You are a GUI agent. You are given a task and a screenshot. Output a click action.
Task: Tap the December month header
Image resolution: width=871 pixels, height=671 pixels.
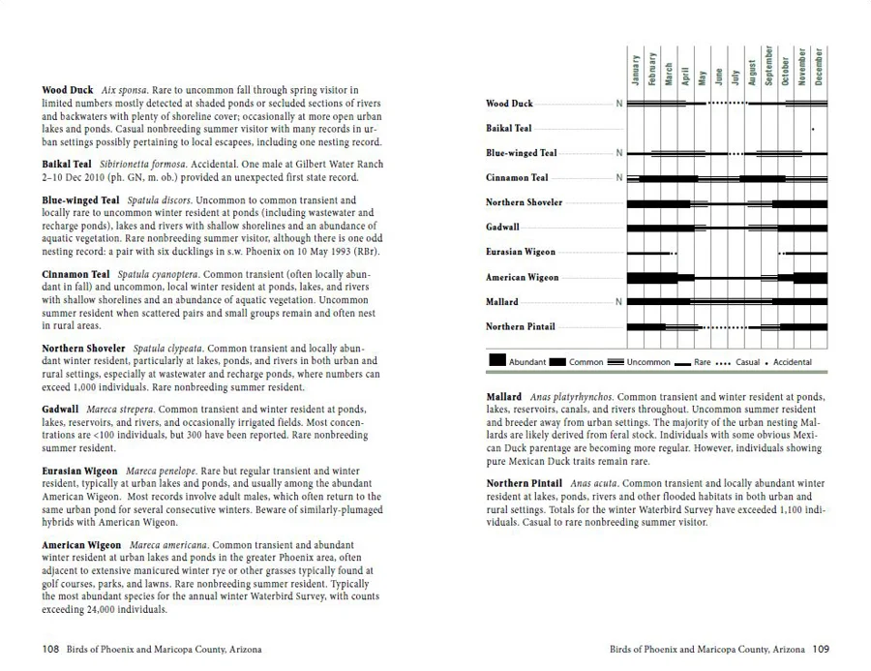820,66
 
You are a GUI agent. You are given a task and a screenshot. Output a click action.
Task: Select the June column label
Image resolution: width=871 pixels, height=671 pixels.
719,75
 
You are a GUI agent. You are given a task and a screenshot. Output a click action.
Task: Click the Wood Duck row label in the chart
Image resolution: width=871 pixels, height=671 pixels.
509,104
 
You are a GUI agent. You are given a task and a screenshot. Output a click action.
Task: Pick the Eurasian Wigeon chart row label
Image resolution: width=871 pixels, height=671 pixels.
521,253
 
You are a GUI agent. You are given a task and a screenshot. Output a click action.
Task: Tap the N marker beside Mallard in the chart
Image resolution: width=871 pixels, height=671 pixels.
619,302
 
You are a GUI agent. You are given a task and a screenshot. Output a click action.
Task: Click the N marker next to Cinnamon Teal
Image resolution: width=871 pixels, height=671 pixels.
619,178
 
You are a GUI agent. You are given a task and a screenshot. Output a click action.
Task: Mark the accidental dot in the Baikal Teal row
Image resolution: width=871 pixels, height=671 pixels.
813,129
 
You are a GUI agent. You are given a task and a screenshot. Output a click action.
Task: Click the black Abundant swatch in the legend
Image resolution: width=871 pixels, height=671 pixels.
497,361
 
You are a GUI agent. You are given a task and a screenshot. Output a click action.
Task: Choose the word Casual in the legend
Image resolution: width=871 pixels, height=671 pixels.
748,362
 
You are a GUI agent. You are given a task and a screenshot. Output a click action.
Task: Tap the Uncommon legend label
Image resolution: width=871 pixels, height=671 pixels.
647,362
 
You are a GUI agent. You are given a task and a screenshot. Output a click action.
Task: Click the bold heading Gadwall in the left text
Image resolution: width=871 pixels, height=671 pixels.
60,410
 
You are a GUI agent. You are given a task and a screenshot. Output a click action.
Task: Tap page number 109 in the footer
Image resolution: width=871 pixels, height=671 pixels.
821,649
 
